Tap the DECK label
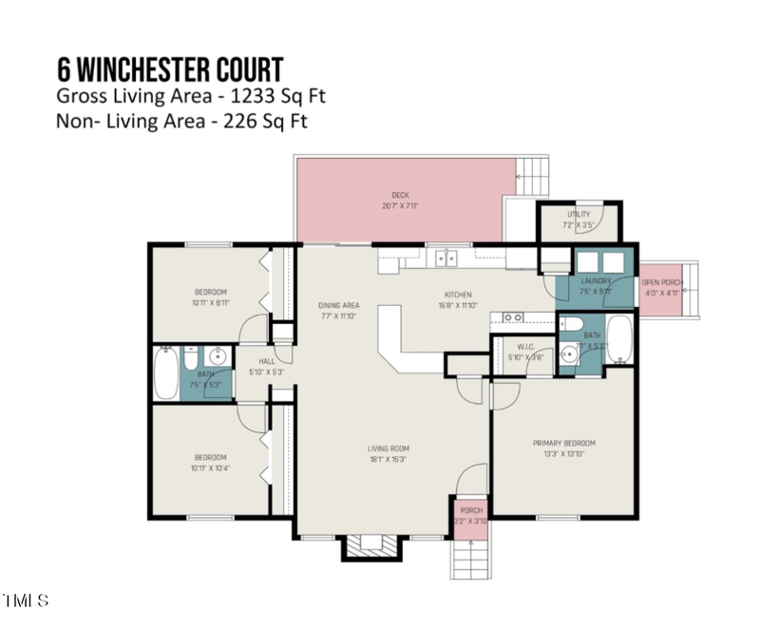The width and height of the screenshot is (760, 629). [x=400, y=195]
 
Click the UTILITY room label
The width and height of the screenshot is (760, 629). [x=579, y=215]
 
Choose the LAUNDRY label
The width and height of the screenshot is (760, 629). [x=595, y=281]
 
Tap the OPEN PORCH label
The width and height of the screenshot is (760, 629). [x=661, y=282]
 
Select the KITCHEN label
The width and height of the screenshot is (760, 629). [x=458, y=295]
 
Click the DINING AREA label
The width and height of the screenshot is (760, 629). [x=336, y=305]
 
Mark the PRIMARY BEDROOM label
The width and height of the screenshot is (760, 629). [x=563, y=443]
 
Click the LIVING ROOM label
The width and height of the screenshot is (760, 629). [x=388, y=448]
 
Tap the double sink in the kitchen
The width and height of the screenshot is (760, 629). [x=445, y=257]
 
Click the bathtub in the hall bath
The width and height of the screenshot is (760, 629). [x=166, y=373]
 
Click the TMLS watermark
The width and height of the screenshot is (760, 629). [x=26, y=600]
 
